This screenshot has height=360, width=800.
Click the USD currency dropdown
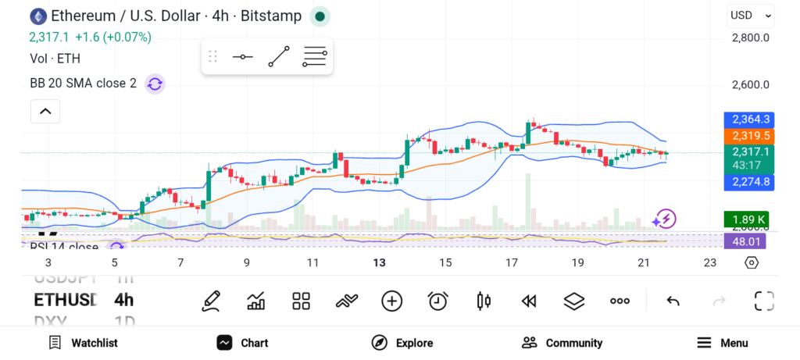point(751,15)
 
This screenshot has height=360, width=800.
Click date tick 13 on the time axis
point(379,263)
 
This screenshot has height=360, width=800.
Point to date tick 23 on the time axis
point(709,263)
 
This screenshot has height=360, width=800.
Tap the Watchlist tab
point(83,343)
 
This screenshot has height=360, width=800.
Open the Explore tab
point(402,343)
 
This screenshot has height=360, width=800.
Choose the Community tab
point(562,343)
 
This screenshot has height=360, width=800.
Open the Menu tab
point(723,343)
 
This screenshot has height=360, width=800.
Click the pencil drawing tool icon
point(210,301)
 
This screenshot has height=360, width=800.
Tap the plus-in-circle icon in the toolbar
point(391,301)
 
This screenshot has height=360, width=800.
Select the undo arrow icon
point(673,301)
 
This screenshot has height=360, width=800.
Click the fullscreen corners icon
point(763,301)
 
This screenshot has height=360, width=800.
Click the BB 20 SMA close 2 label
point(83,84)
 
